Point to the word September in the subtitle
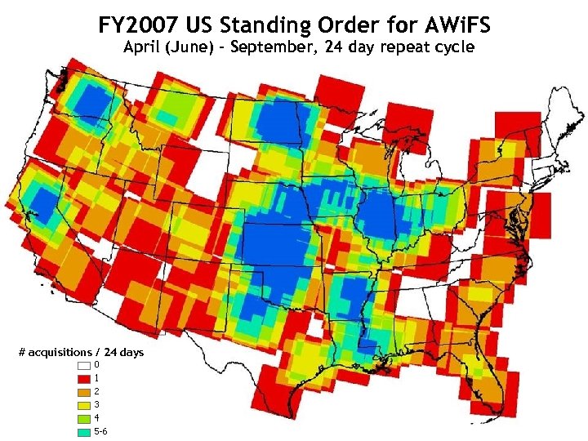(274, 47)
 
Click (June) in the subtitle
(189, 47)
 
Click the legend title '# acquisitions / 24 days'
(81, 352)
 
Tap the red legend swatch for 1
(83, 378)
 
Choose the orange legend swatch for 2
(83, 391)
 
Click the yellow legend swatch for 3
(83, 404)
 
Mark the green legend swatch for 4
(83, 417)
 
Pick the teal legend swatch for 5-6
(83, 430)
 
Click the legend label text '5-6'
(100, 430)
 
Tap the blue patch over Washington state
(94, 103)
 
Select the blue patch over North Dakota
(282, 122)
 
